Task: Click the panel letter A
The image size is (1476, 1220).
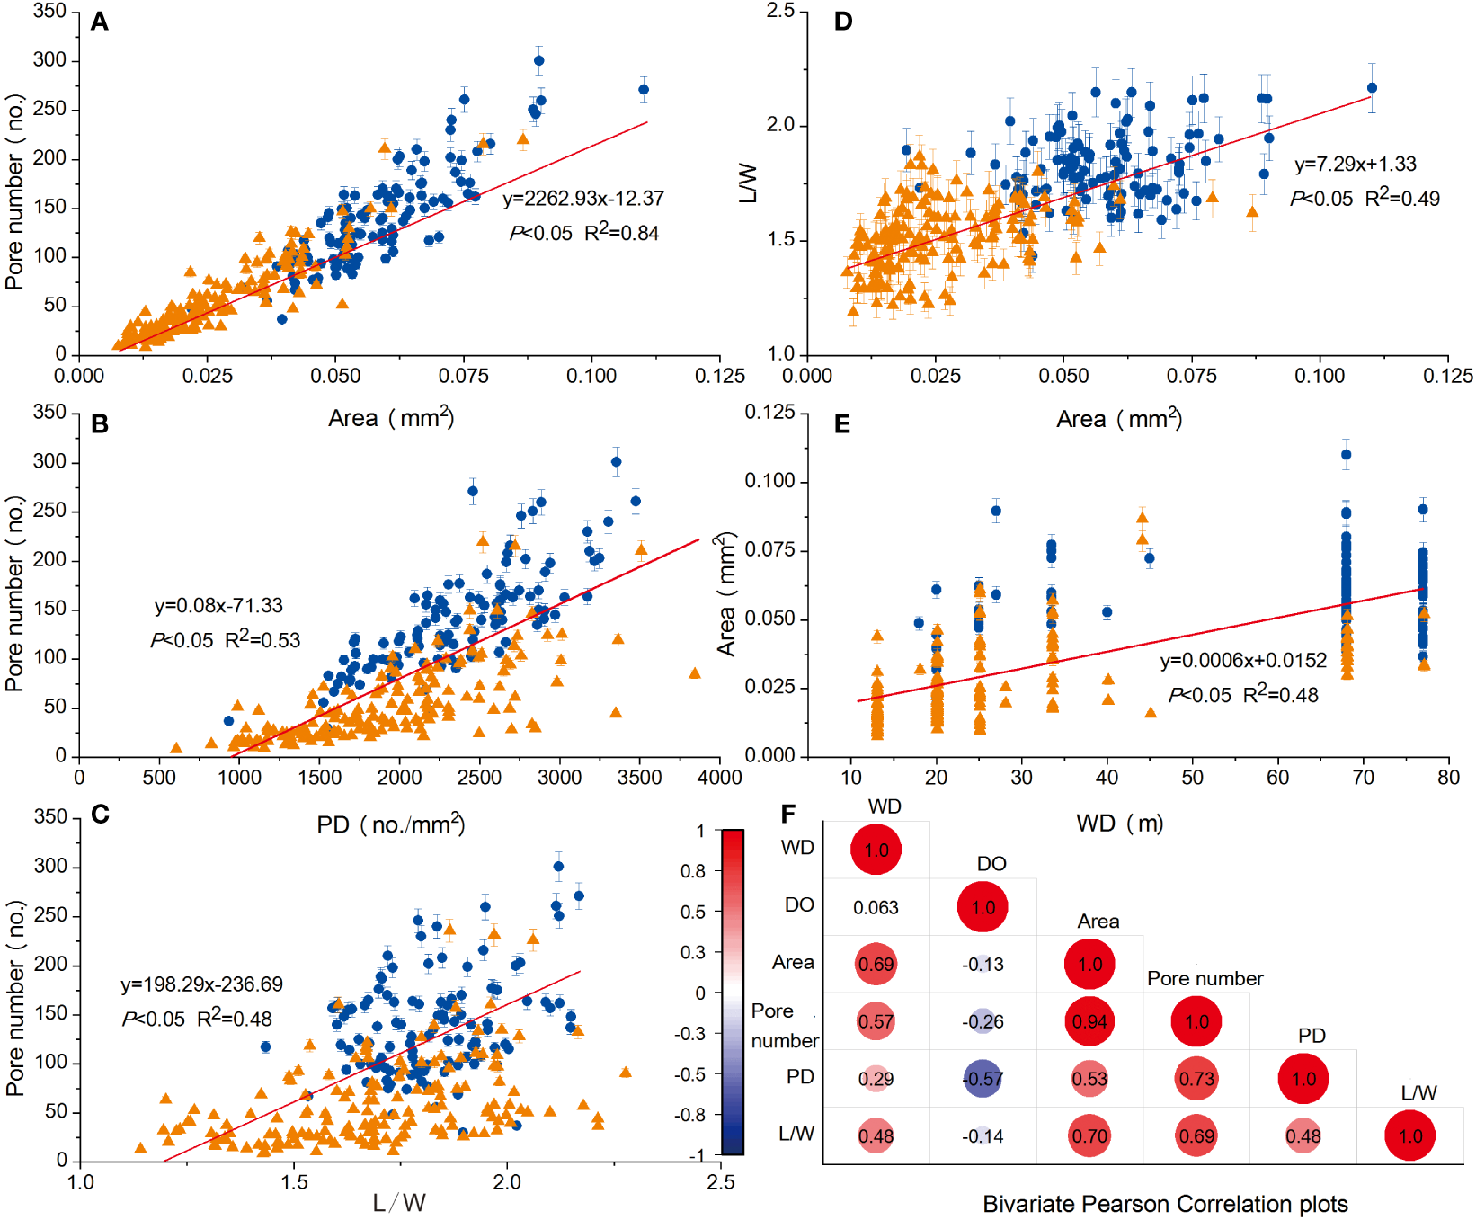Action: tap(100, 22)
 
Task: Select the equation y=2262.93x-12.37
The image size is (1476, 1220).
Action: tap(582, 199)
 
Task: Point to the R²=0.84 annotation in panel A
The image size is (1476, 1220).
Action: tap(622, 233)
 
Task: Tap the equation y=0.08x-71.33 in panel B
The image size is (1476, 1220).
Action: tap(218, 606)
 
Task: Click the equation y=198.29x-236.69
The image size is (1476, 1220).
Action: tap(201, 984)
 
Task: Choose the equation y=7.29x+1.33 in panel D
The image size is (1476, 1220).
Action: tap(1355, 165)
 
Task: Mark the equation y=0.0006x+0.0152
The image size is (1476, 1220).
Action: tap(1243, 661)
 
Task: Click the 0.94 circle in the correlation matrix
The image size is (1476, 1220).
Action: tap(1089, 1022)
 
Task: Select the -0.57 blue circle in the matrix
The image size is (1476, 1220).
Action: tap(983, 1079)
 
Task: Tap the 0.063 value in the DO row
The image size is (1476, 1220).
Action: tap(876, 908)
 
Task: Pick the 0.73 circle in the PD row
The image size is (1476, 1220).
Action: tap(1196, 1079)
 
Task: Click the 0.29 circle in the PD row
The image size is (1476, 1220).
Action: tap(876, 1079)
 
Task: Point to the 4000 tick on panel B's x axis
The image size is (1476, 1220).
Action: tap(720, 778)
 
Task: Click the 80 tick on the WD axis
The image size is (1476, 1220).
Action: tap(1448, 778)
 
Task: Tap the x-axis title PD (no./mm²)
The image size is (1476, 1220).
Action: tap(390, 824)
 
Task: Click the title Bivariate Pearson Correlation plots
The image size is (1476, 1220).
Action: tap(1165, 1204)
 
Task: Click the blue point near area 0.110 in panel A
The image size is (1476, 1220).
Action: tap(643, 89)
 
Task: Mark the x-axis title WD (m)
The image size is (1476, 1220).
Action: tap(1119, 824)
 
